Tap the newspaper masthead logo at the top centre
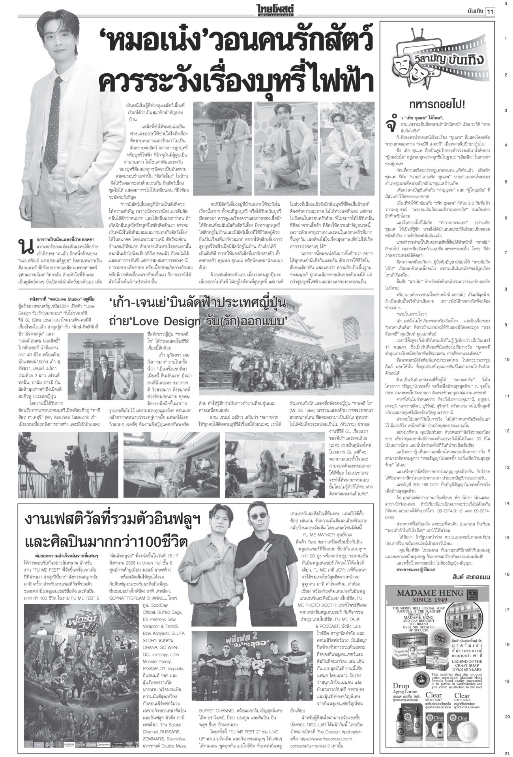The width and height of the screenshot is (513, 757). pyautogui.click(x=256, y=9)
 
